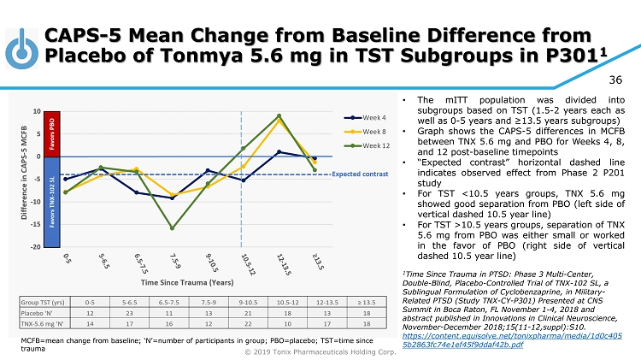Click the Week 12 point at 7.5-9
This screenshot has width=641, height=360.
(x=173, y=228)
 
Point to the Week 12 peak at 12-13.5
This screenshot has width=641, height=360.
(x=279, y=115)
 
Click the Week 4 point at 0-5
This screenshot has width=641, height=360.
(x=65, y=179)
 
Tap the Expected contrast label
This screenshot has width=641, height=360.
(x=354, y=174)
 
